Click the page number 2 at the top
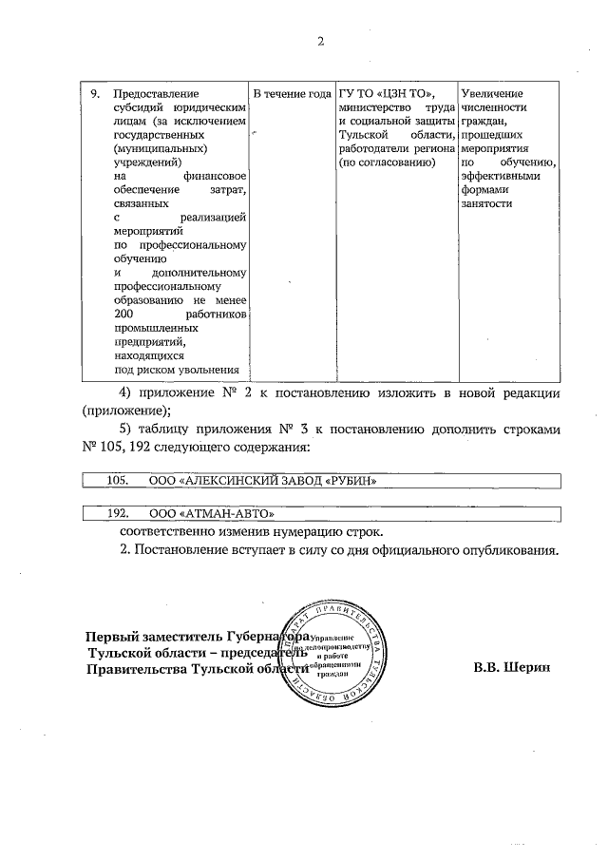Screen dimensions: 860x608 (x=320, y=41)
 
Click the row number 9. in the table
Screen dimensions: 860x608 (x=94, y=93)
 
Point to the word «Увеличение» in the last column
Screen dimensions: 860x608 (x=491, y=93)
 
